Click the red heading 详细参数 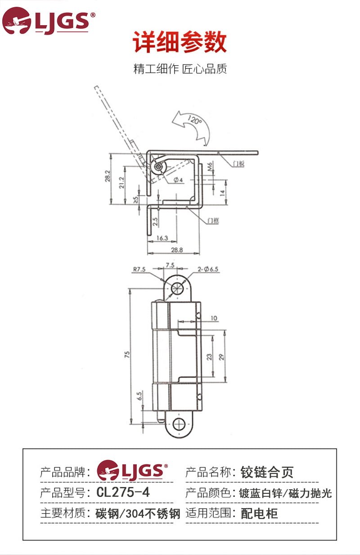180,43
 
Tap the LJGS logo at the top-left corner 48,21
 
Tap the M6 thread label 210,168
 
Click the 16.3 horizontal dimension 162,238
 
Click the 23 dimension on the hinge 209,356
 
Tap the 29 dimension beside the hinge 221,356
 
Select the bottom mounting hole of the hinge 179,424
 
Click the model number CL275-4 123,492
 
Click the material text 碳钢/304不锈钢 138,514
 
